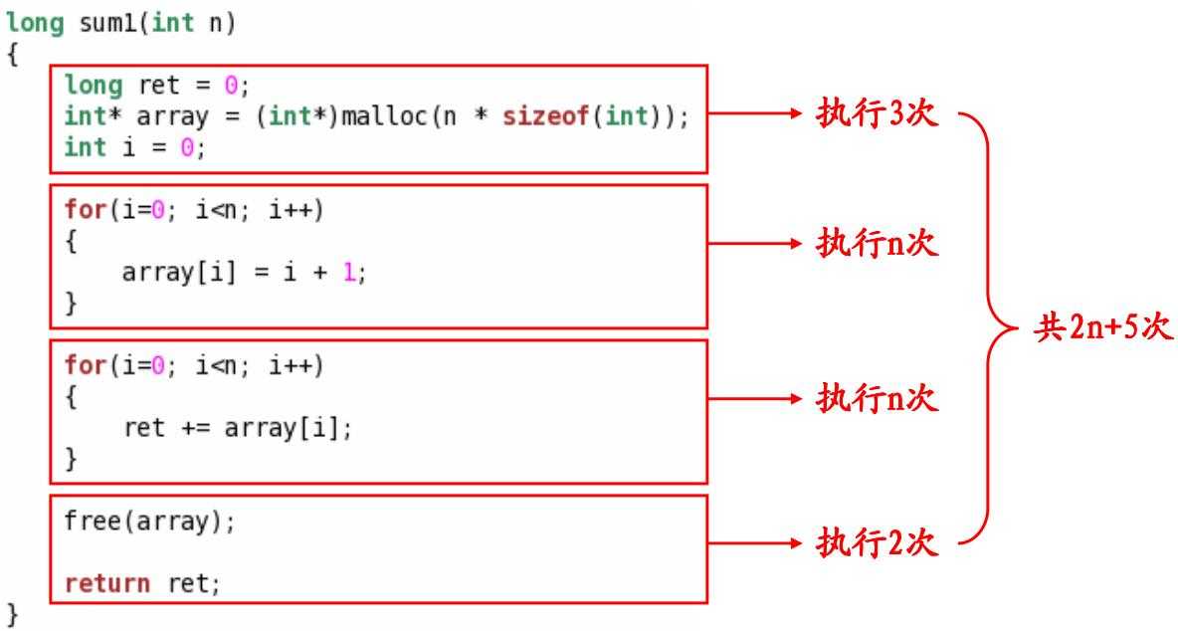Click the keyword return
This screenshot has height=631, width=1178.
[x=108, y=582]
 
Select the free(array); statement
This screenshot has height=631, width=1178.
[x=151, y=521]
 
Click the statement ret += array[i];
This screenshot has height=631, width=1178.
[x=238, y=428]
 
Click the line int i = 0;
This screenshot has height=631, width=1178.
[x=136, y=147]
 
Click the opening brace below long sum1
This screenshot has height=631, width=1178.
[x=13, y=54]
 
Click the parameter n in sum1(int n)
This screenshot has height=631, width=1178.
[x=216, y=23]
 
